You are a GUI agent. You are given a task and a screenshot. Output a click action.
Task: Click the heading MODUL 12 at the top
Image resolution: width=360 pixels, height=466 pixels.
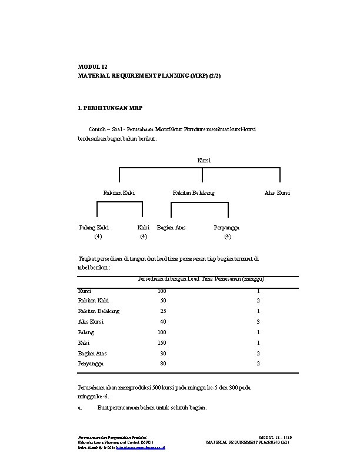coord(93,68)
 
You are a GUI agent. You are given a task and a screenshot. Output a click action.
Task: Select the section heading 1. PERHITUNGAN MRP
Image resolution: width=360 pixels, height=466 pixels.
coord(110,109)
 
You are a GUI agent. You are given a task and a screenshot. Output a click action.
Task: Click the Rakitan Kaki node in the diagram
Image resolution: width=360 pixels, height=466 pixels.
coord(119,192)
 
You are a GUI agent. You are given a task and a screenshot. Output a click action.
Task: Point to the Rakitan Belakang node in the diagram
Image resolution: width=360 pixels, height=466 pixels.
coord(194,192)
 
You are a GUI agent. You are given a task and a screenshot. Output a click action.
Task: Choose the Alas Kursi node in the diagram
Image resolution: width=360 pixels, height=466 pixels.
coord(277,192)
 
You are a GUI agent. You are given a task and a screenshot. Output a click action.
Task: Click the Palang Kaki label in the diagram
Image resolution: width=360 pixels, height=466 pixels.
coord(94,227)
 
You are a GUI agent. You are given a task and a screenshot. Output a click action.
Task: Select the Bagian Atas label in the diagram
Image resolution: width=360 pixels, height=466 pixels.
coord(171,227)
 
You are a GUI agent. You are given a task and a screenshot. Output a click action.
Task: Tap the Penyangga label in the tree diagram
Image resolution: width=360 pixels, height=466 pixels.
coord(226,227)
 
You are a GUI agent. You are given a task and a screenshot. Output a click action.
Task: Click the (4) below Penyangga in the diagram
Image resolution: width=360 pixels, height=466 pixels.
coord(228,237)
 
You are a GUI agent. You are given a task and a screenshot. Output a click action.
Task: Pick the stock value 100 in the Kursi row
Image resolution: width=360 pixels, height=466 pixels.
coord(162,291)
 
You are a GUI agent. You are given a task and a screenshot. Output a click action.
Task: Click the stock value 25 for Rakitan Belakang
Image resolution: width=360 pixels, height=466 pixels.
coord(163,311)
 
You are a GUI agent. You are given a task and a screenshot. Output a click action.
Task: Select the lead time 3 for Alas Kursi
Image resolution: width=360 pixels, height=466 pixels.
coord(258,321)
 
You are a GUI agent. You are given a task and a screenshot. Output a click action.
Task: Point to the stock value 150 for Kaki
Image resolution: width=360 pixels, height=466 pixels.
coord(162,342)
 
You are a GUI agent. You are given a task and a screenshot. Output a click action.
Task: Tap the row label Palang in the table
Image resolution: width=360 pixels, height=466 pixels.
coord(86,332)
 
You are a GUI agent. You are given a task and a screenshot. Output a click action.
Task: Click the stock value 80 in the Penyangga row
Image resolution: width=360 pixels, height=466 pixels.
coord(163,364)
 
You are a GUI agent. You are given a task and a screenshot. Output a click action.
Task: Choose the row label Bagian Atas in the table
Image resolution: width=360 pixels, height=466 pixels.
coord(92,353)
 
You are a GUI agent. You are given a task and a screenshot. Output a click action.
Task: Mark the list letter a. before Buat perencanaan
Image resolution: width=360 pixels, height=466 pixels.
coord(80,407)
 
